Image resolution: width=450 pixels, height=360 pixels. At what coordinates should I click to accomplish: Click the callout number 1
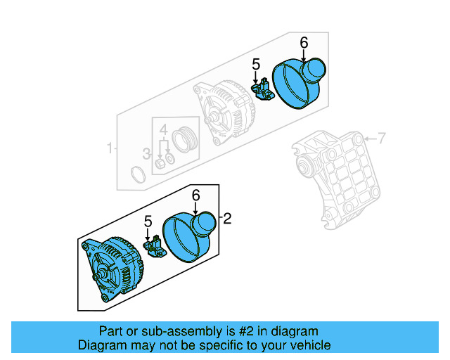pos(110,148)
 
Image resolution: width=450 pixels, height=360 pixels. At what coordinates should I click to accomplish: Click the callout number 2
pos(226,219)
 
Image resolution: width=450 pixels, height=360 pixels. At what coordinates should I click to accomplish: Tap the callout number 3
pos(147,154)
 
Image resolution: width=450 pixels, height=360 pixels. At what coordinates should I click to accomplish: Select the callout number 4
pos(163,129)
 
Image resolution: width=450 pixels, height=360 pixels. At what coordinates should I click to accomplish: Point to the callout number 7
pos(382,139)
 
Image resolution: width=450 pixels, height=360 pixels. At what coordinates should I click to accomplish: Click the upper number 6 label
pos(304,44)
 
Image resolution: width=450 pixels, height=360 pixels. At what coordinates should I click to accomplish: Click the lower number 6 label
pos(196,195)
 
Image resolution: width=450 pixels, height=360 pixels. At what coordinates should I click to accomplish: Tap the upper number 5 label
pos(257,66)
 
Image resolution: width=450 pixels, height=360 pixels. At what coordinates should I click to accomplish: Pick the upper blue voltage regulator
pos(264,89)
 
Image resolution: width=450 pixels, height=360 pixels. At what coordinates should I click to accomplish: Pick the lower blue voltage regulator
pos(154,245)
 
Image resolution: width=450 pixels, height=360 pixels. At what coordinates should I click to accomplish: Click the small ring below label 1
pos(139,172)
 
